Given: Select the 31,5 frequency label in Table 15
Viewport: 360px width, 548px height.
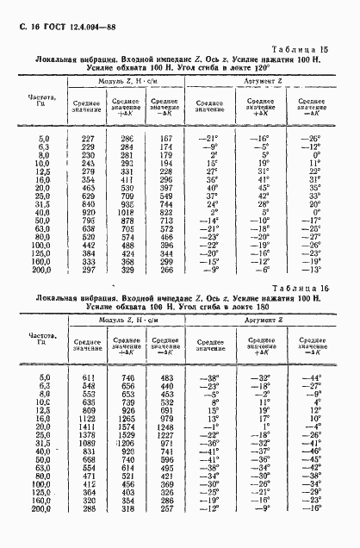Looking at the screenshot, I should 42,203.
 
